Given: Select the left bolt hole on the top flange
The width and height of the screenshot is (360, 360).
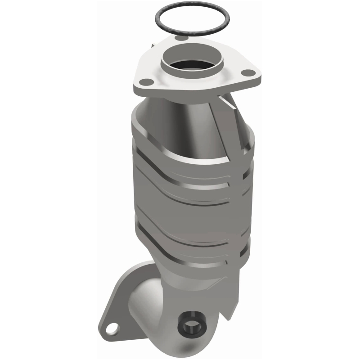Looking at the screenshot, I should [145, 81].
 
